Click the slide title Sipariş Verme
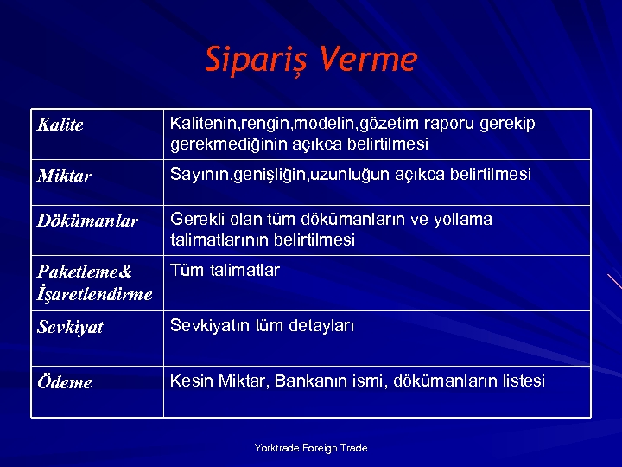point(311,60)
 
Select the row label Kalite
point(60,125)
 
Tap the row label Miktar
point(64,176)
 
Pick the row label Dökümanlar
point(87,221)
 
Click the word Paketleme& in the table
point(85,272)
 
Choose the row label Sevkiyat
point(70,327)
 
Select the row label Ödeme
point(65,382)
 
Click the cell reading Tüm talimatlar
point(225,271)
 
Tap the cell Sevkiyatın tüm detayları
point(262,326)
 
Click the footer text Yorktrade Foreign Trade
point(311,448)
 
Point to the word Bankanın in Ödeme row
point(307,381)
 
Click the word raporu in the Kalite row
point(454,124)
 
